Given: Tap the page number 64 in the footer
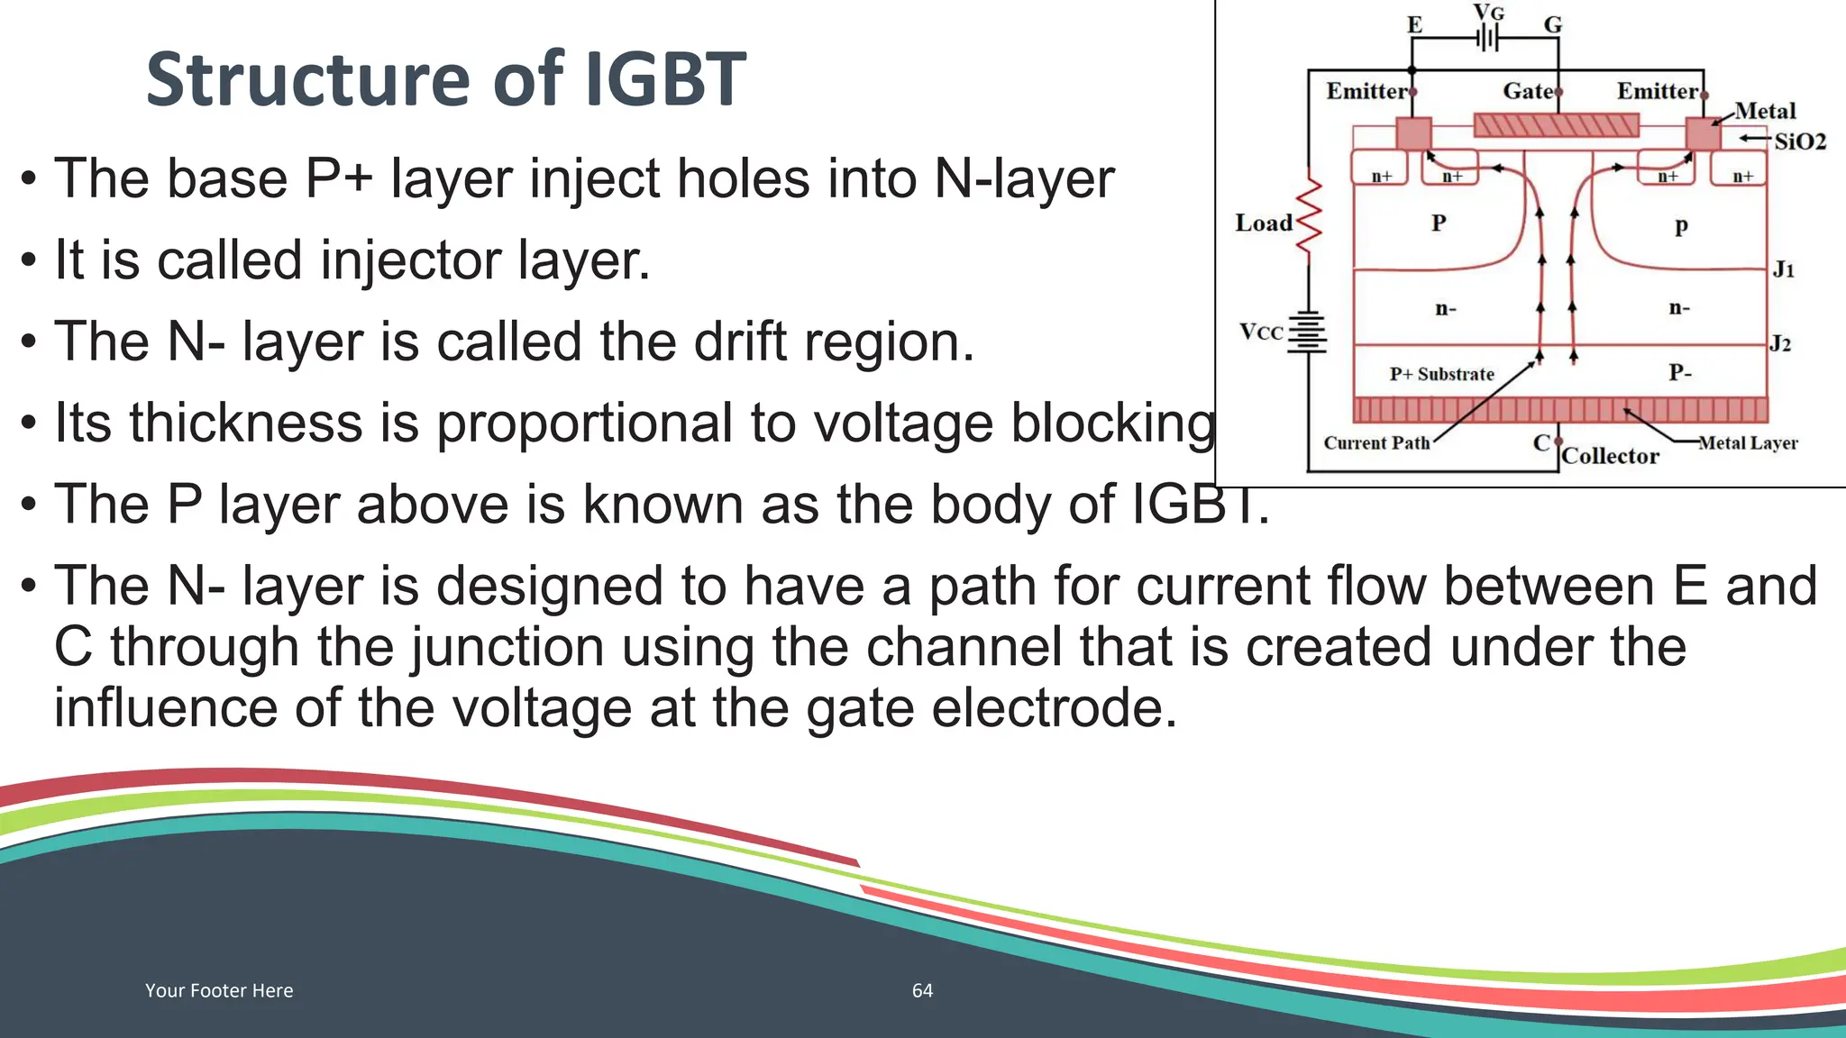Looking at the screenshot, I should pyautogui.click(x=922, y=990).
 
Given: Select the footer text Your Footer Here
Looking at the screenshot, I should pyautogui.click(x=219, y=990).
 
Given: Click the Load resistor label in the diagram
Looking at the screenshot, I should pyautogui.click(x=1263, y=223).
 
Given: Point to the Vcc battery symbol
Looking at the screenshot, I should pyautogui.click(x=1307, y=332).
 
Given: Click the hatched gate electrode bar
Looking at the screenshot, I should pyautogui.click(x=1556, y=124).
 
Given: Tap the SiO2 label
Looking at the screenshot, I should pyautogui.click(x=1800, y=141).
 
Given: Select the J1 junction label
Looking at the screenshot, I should pyautogui.click(x=1784, y=269).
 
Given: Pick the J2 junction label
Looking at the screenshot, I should pyautogui.click(x=1780, y=343).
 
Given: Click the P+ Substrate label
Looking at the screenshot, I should pyautogui.click(x=1441, y=374).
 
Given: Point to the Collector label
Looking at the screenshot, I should pyautogui.click(x=1610, y=456).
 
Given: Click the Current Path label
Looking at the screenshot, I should pyautogui.click(x=1376, y=443).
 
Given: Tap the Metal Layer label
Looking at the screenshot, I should pyautogui.click(x=1748, y=443).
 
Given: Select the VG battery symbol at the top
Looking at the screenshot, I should pyautogui.click(x=1488, y=38).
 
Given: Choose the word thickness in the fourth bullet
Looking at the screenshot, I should pyautogui.click(x=274, y=423).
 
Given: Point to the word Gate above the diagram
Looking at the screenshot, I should pyautogui.click(x=1528, y=91).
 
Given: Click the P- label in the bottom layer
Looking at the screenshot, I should pyautogui.click(x=1679, y=372).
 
